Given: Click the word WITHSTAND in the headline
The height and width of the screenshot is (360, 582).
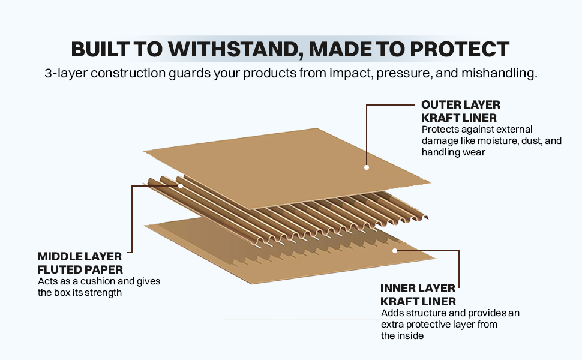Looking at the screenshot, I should pyautogui.click(x=227, y=49).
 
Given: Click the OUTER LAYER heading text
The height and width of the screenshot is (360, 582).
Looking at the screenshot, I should pyautogui.click(x=460, y=105).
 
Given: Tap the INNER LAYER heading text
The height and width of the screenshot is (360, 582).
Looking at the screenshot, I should pyautogui.click(x=418, y=289).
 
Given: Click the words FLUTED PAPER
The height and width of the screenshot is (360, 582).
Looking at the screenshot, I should pyautogui.click(x=79, y=269).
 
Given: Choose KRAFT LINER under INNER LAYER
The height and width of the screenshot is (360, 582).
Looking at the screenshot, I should pyautogui.click(x=418, y=301).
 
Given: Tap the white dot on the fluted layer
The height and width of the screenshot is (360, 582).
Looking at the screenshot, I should pyautogui.click(x=180, y=186).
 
